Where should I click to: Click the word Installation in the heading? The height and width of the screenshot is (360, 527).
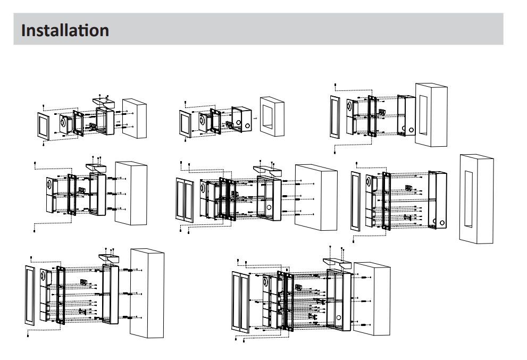65,29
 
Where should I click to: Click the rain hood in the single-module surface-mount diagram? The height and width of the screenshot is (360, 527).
101,101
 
